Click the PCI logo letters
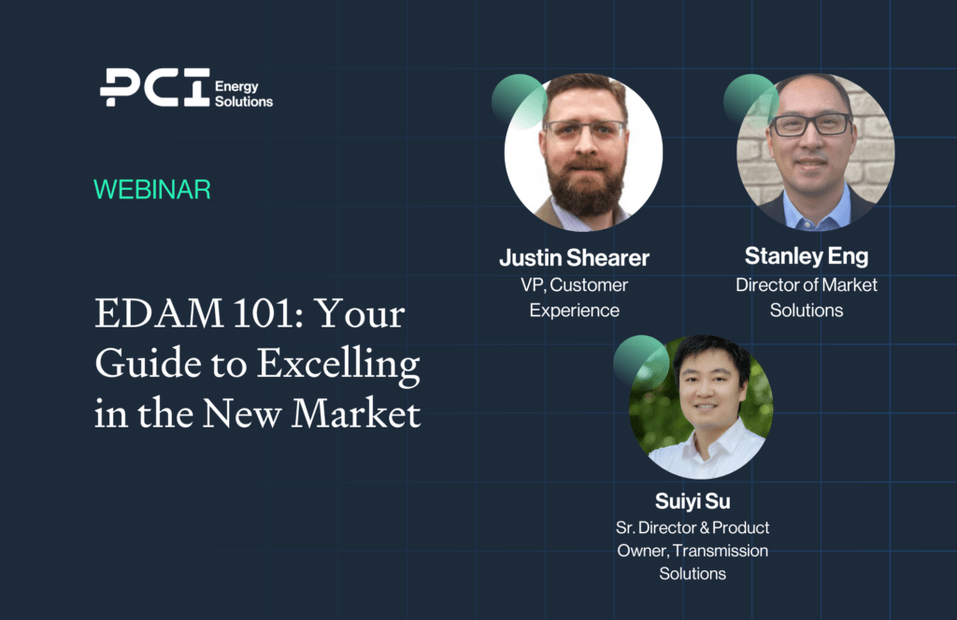(x=155, y=87)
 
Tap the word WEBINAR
(x=152, y=189)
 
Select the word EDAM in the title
(x=159, y=313)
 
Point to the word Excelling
(x=338, y=365)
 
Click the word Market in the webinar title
(x=356, y=413)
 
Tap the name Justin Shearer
(x=575, y=258)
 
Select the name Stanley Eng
(x=807, y=256)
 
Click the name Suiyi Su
(x=693, y=501)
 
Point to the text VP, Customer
(x=575, y=285)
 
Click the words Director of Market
(x=807, y=284)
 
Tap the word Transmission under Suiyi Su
(x=721, y=551)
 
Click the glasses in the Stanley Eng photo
(x=810, y=124)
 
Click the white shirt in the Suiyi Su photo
(x=708, y=450)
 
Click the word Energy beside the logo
(x=236, y=87)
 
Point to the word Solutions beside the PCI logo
(x=244, y=101)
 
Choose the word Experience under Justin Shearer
(x=575, y=310)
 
